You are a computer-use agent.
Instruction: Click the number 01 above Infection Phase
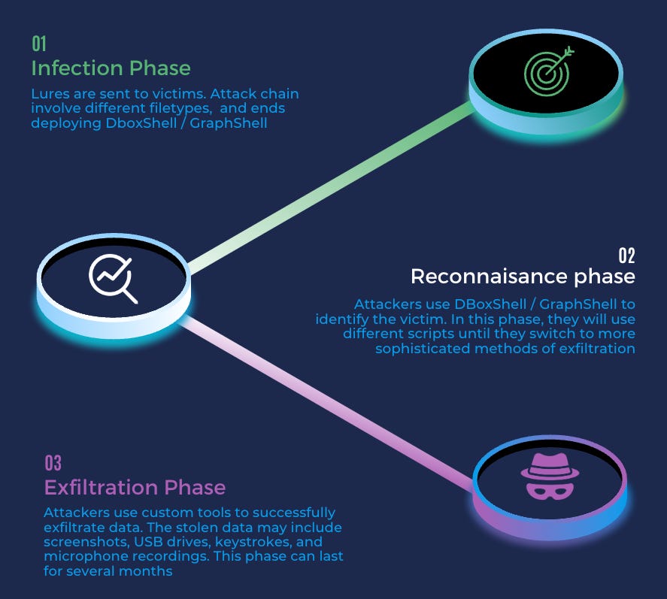click(x=38, y=43)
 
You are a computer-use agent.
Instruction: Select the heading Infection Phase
click(x=111, y=68)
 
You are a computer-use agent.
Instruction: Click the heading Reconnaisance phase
click(x=523, y=277)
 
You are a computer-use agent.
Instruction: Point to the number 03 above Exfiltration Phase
click(x=53, y=461)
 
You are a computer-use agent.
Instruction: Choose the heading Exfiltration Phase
click(x=135, y=487)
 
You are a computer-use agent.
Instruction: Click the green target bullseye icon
click(x=547, y=71)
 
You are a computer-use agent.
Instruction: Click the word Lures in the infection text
click(x=48, y=94)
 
